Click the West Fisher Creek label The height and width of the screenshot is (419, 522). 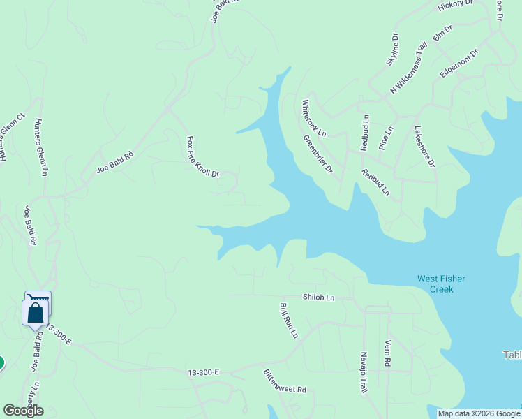tap(441, 284)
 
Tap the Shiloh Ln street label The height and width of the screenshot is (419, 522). tap(318, 297)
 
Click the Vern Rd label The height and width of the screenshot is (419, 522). tap(387, 354)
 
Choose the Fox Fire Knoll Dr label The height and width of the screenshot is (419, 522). tap(202, 156)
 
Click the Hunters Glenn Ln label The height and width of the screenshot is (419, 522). tap(43, 147)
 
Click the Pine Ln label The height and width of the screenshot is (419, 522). tap(386, 138)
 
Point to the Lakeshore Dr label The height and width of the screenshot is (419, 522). tap(424, 147)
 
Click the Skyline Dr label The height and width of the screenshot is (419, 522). tap(392, 50)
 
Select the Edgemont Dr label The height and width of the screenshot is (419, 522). tap(458, 63)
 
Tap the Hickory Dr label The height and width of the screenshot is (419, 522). tap(456, 6)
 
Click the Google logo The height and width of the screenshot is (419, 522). tap(23, 411)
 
